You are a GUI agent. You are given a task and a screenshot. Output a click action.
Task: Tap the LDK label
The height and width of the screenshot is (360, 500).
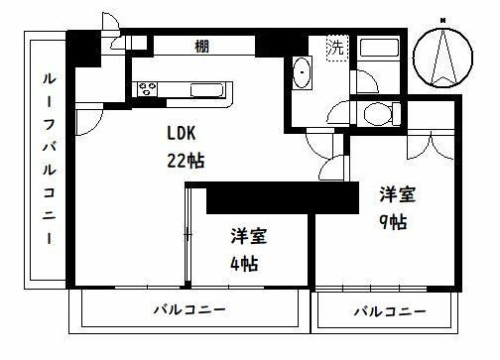pos(186,134)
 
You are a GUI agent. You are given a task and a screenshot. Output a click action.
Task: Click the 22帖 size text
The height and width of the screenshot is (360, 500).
pos(186,159)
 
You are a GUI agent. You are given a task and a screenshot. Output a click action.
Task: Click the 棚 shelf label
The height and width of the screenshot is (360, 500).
pos(202,46)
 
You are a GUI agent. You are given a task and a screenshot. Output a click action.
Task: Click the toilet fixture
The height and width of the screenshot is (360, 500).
pos(376,115)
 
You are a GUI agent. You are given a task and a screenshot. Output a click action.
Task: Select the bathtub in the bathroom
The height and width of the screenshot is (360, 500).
pos(380,53)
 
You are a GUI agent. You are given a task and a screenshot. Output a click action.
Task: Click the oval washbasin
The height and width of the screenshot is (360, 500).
pos(304,73)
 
